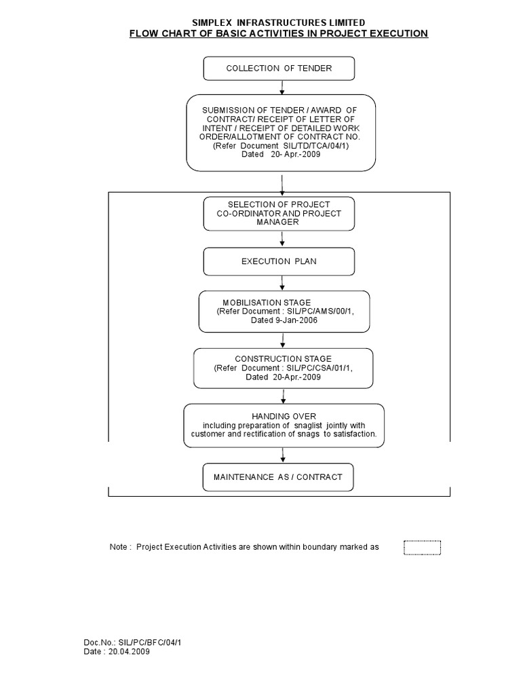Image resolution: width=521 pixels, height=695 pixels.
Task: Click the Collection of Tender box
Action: pos(278,69)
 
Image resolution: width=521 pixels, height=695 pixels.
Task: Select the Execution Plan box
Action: pos(279,261)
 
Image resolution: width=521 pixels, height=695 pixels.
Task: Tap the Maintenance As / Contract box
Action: pos(278,477)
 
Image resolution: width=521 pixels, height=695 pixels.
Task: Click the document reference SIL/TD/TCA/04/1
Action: pos(313,145)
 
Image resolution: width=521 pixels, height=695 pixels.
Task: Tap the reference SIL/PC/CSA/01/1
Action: pos(320,367)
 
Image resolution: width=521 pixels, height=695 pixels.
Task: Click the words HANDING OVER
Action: pos(284,415)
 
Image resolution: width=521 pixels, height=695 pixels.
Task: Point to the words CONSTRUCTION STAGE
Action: pos(283,358)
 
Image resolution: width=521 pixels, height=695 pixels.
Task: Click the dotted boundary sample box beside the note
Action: pos(422,547)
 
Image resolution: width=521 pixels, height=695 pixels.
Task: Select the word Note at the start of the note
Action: pos(119,547)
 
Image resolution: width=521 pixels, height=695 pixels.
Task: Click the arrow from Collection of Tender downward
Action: pos(282,87)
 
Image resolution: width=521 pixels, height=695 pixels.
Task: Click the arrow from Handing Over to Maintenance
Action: pos(282,455)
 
